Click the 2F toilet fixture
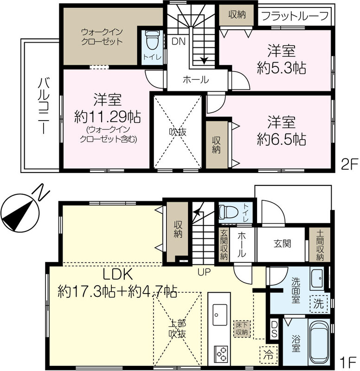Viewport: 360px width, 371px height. (x=152, y=40)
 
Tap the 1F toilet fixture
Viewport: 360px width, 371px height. (x=228, y=211)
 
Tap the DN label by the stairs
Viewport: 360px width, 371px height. (x=179, y=42)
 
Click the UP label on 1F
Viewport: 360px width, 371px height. (x=204, y=272)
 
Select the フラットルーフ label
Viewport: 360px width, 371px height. (x=295, y=16)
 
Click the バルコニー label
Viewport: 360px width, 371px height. (x=44, y=105)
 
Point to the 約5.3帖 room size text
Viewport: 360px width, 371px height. (x=282, y=68)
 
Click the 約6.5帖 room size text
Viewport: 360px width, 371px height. (x=282, y=139)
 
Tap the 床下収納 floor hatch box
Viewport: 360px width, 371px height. (x=242, y=329)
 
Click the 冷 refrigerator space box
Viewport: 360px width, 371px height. (x=269, y=355)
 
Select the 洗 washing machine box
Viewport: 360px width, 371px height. (x=319, y=304)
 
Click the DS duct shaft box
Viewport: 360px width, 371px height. (x=274, y=329)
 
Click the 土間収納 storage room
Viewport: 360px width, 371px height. (x=320, y=245)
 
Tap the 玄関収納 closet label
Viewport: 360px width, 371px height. (x=224, y=245)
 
